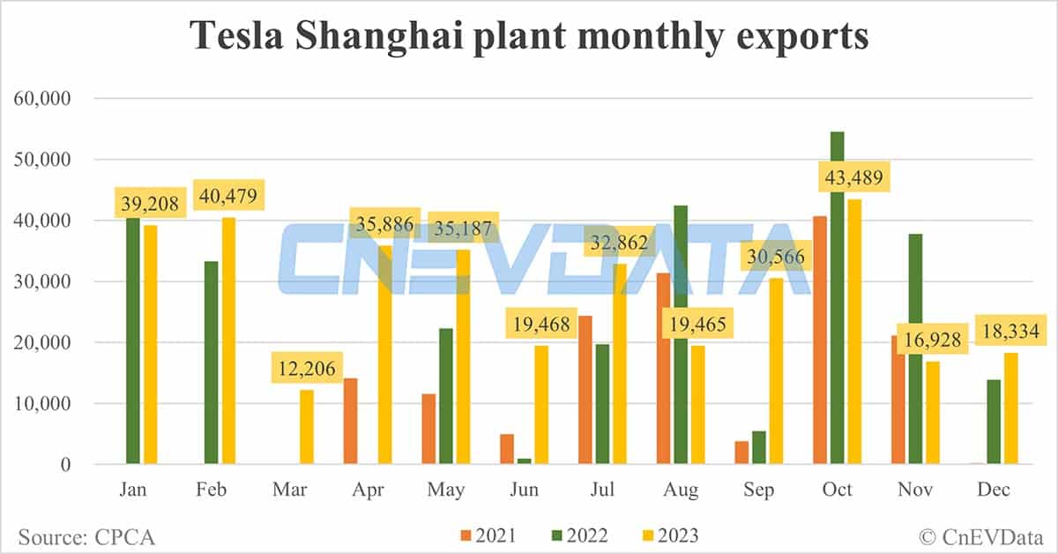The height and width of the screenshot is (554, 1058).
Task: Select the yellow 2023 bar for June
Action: (542, 405)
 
